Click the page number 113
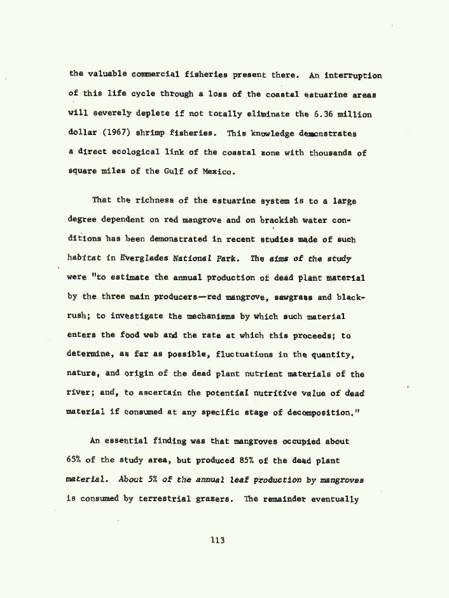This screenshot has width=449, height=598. point(218,541)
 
